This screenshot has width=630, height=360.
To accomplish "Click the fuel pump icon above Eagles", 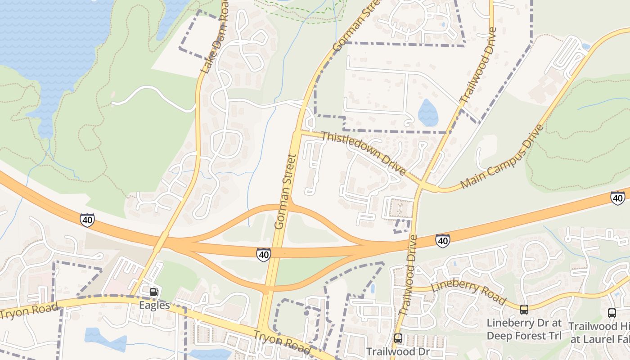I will pos(154,292).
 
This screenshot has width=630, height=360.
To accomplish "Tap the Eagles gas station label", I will pos(154,306).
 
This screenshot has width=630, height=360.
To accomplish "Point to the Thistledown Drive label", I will pos(364,153).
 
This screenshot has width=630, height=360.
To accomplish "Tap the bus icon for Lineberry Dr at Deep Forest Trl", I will pos(524,310).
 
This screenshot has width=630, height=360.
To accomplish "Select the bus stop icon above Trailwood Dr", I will pos(398,338).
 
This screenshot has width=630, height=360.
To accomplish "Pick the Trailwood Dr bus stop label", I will pos(398,351).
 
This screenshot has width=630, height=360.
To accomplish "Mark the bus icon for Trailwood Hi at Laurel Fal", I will pos(612,313).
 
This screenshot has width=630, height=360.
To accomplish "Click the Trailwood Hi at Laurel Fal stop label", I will pos(599,333).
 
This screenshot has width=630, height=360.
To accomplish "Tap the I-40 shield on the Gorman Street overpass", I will pos(264,254).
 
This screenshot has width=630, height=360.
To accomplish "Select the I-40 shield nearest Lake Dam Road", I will pos(87,220).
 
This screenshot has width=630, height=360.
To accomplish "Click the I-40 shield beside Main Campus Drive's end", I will pos(617,198).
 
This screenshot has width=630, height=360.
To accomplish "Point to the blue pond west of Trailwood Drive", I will pos(428,113).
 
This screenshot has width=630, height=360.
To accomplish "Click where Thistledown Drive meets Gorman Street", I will pos(297,132).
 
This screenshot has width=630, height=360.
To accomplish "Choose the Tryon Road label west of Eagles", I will pos(29,311).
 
